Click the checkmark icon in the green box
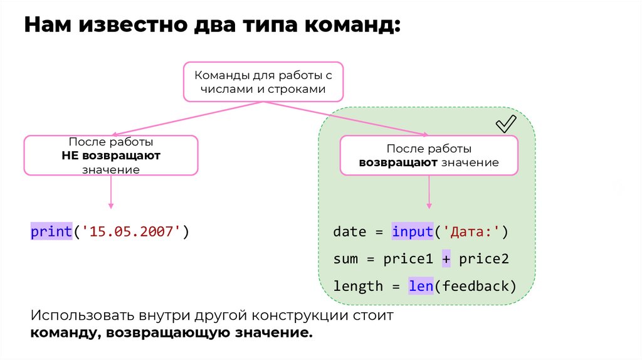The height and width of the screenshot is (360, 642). pyautogui.click(x=505, y=124)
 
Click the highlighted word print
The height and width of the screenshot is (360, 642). pyautogui.click(x=51, y=232)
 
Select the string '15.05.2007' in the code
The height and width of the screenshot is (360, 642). pyautogui.click(x=132, y=232)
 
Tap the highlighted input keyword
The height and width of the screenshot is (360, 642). pyautogui.click(x=413, y=231)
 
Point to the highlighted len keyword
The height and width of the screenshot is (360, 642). pyautogui.click(x=421, y=286)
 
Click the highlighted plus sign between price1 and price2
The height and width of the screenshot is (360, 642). pyautogui.click(x=446, y=259)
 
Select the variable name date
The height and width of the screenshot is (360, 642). pyautogui.click(x=349, y=231)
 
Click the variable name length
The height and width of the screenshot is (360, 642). pyautogui.click(x=358, y=286)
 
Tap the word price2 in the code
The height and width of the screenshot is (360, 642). pyautogui.click(x=483, y=259)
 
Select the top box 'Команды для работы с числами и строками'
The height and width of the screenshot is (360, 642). pyautogui.click(x=263, y=82)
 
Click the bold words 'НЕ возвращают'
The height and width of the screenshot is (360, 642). pyautogui.click(x=111, y=156)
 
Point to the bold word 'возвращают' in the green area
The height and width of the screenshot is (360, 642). pyautogui.click(x=398, y=162)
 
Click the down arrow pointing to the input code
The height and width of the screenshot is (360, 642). pyautogui.click(x=429, y=191)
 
